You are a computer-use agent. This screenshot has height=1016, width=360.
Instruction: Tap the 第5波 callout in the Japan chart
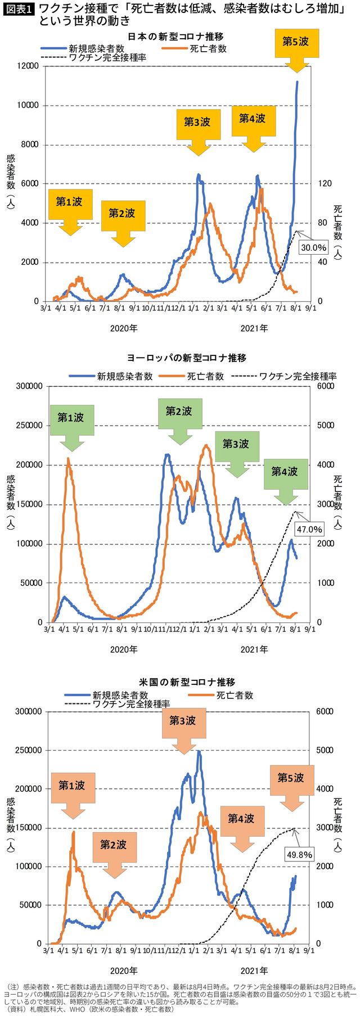click(x=295, y=42)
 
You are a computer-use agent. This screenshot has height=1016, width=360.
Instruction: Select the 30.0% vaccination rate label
click(x=313, y=247)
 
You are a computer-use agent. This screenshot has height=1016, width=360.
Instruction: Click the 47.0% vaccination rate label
click(x=309, y=529)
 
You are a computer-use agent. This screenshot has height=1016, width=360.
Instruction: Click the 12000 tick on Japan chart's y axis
click(x=27, y=66)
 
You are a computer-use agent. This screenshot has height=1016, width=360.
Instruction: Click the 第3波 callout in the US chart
click(x=183, y=721)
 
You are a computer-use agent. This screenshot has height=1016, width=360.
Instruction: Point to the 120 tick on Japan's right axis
click(x=325, y=184)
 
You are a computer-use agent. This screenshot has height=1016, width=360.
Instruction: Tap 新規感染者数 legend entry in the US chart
click(x=120, y=695)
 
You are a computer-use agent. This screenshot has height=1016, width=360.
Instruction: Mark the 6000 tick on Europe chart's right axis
click(x=326, y=386)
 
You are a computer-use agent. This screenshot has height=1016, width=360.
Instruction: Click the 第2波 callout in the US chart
click(x=114, y=845)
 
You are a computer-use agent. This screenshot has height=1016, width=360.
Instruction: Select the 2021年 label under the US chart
click(x=254, y=970)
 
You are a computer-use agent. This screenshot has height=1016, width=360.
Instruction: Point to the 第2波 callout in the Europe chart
click(x=179, y=412)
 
